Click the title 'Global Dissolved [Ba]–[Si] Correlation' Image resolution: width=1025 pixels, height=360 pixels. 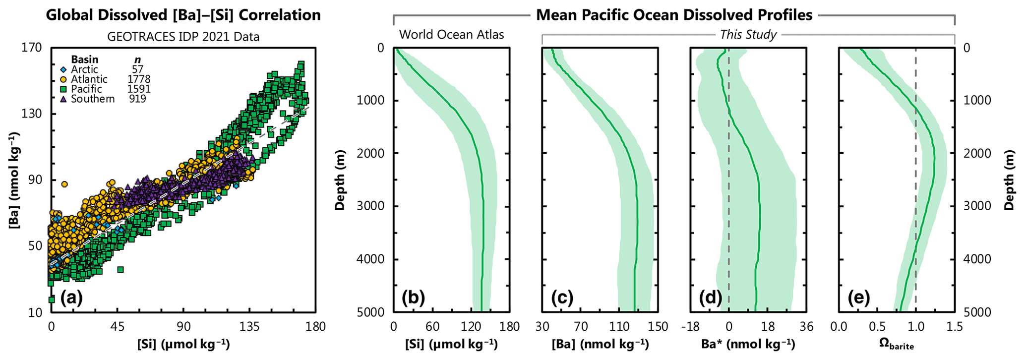click(183, 15)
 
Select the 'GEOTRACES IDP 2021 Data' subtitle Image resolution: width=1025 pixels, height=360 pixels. click(183, 37)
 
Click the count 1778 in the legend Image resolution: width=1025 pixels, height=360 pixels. click(138, 79)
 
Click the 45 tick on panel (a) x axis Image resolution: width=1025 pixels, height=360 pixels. click(117, 327)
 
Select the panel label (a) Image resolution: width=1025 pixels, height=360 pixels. click(71, 298)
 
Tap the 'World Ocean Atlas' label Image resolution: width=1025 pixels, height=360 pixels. click(451, 35)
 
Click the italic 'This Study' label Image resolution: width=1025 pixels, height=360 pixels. click(748, 35)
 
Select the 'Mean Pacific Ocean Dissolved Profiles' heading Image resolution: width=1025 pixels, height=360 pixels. click(674, 15)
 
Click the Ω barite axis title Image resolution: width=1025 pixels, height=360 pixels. click(896, 345)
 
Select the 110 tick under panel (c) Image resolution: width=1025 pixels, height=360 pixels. click(619, 327)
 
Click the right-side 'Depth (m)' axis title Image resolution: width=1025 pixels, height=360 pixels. click(1009, 180)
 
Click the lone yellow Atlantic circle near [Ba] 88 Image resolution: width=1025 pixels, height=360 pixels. click(64, 184)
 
